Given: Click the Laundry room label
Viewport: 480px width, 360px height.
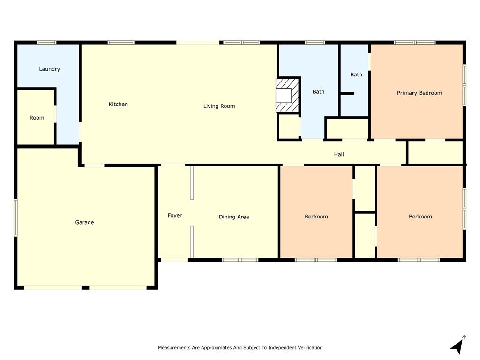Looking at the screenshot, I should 49,69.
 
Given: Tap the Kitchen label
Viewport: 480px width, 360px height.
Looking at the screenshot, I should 118,104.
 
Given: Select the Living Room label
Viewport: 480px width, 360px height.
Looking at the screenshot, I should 219,106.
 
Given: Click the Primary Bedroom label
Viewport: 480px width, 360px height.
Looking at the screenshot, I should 419,93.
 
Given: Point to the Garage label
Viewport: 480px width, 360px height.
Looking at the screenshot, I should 84,222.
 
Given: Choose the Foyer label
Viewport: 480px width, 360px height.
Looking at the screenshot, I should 175,216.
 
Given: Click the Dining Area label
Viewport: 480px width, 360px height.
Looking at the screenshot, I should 234,217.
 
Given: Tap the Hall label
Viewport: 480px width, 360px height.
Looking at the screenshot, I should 339,154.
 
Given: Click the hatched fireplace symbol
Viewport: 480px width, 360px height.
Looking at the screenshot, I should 287,95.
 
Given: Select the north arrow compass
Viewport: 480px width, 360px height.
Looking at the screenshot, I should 457,345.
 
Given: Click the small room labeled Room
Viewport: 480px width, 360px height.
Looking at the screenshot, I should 37,118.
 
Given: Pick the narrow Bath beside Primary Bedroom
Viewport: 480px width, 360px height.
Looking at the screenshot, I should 356,75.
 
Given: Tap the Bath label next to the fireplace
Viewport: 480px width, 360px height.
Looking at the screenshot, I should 318,92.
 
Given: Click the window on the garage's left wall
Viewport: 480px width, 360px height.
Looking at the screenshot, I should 15,217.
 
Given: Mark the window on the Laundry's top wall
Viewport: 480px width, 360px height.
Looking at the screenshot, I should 47,43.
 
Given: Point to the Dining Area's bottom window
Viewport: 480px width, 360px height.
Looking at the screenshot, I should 240,259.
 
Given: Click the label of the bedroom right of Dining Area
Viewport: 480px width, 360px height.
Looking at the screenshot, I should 316,217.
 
